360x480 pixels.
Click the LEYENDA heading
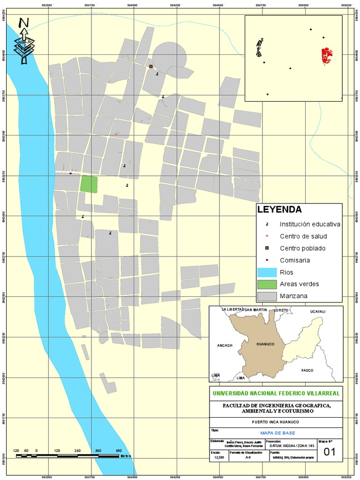click(x=279, y=210)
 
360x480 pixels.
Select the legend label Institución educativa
click(x=310, y=224)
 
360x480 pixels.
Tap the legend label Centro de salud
click(x=303, y=236)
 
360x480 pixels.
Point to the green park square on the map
click(x=89, y=184)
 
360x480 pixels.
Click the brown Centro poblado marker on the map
click(x=151, y=67)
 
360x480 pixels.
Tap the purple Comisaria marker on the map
click(x=71, y=173)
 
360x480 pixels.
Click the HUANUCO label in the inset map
click(x=265, y=344)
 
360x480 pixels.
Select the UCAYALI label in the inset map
click(x=316, y=311)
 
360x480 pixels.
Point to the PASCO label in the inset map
click(x=307, y=370)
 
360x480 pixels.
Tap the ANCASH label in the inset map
click(x=225, y=345)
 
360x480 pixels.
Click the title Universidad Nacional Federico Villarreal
click(x=277, y=393)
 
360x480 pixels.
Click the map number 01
click(x=330, y=452)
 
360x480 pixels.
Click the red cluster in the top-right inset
click(x=326, y=56)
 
